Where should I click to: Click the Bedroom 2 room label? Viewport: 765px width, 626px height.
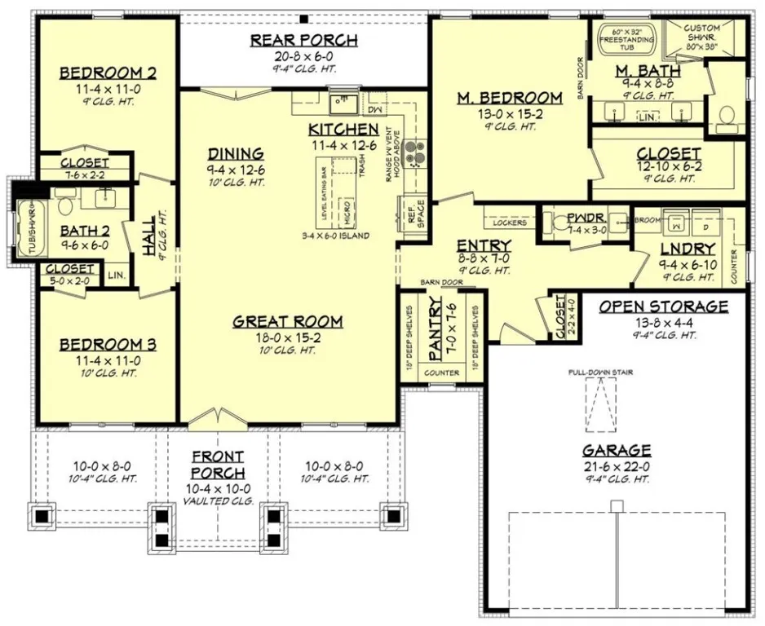click(x=108, y=73)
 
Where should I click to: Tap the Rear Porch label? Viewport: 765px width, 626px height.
click(x=303, y=41)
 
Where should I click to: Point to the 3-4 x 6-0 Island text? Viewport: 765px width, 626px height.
click(x=335, y=236)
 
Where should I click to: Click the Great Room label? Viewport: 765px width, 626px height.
click(x=287, y=321)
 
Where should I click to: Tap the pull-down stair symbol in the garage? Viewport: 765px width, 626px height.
click(x=602, y=404)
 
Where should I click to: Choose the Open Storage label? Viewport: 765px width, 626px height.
click(x=663, y=306)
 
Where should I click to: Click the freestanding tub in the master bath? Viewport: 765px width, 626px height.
click(x=625, y=39)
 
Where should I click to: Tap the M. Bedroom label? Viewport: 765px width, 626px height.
click(x=509, y=98)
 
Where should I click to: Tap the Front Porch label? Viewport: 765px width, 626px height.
click(x=218, y=465)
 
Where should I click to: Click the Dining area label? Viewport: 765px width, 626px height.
click(x=235, y=153)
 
